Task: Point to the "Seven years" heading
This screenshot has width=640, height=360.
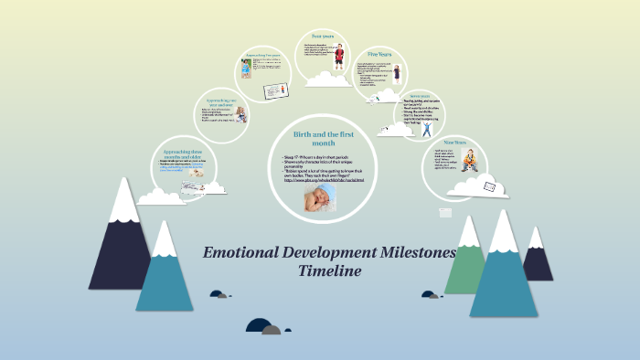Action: [x=420, y=96]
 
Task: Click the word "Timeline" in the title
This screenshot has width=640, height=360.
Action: [x=330, y=270]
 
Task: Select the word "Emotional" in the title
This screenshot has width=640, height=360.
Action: [x=240, y=252]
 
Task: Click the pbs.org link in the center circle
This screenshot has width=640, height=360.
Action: [x=323, y=179]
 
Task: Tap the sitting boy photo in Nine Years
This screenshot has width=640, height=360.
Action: [x=469, y=162]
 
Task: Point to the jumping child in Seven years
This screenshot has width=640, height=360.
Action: [x=426, y=129]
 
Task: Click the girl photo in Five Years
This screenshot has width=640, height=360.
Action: [x=396, y=74]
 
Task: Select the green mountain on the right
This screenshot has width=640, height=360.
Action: [x=466, y=260]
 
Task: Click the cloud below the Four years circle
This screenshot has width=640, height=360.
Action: [x=327, y=81]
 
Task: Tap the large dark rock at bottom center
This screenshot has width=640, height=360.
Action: [x=260, y=326]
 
